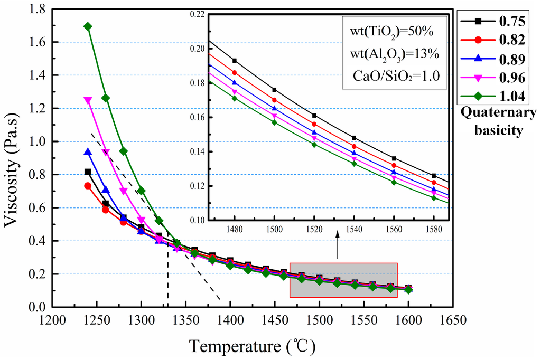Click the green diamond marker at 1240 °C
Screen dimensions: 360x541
(88, 26)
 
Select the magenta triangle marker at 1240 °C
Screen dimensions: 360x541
(88, 100)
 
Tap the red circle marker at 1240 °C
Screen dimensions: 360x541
(88, 186)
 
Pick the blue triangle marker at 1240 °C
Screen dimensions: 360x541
(88, 151)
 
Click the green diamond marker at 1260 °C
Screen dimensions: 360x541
(106, 98)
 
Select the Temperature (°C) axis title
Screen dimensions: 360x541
(253, 347)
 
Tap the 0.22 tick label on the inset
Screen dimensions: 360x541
(197, 14)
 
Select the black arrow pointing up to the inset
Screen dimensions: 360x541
(338, 242)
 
